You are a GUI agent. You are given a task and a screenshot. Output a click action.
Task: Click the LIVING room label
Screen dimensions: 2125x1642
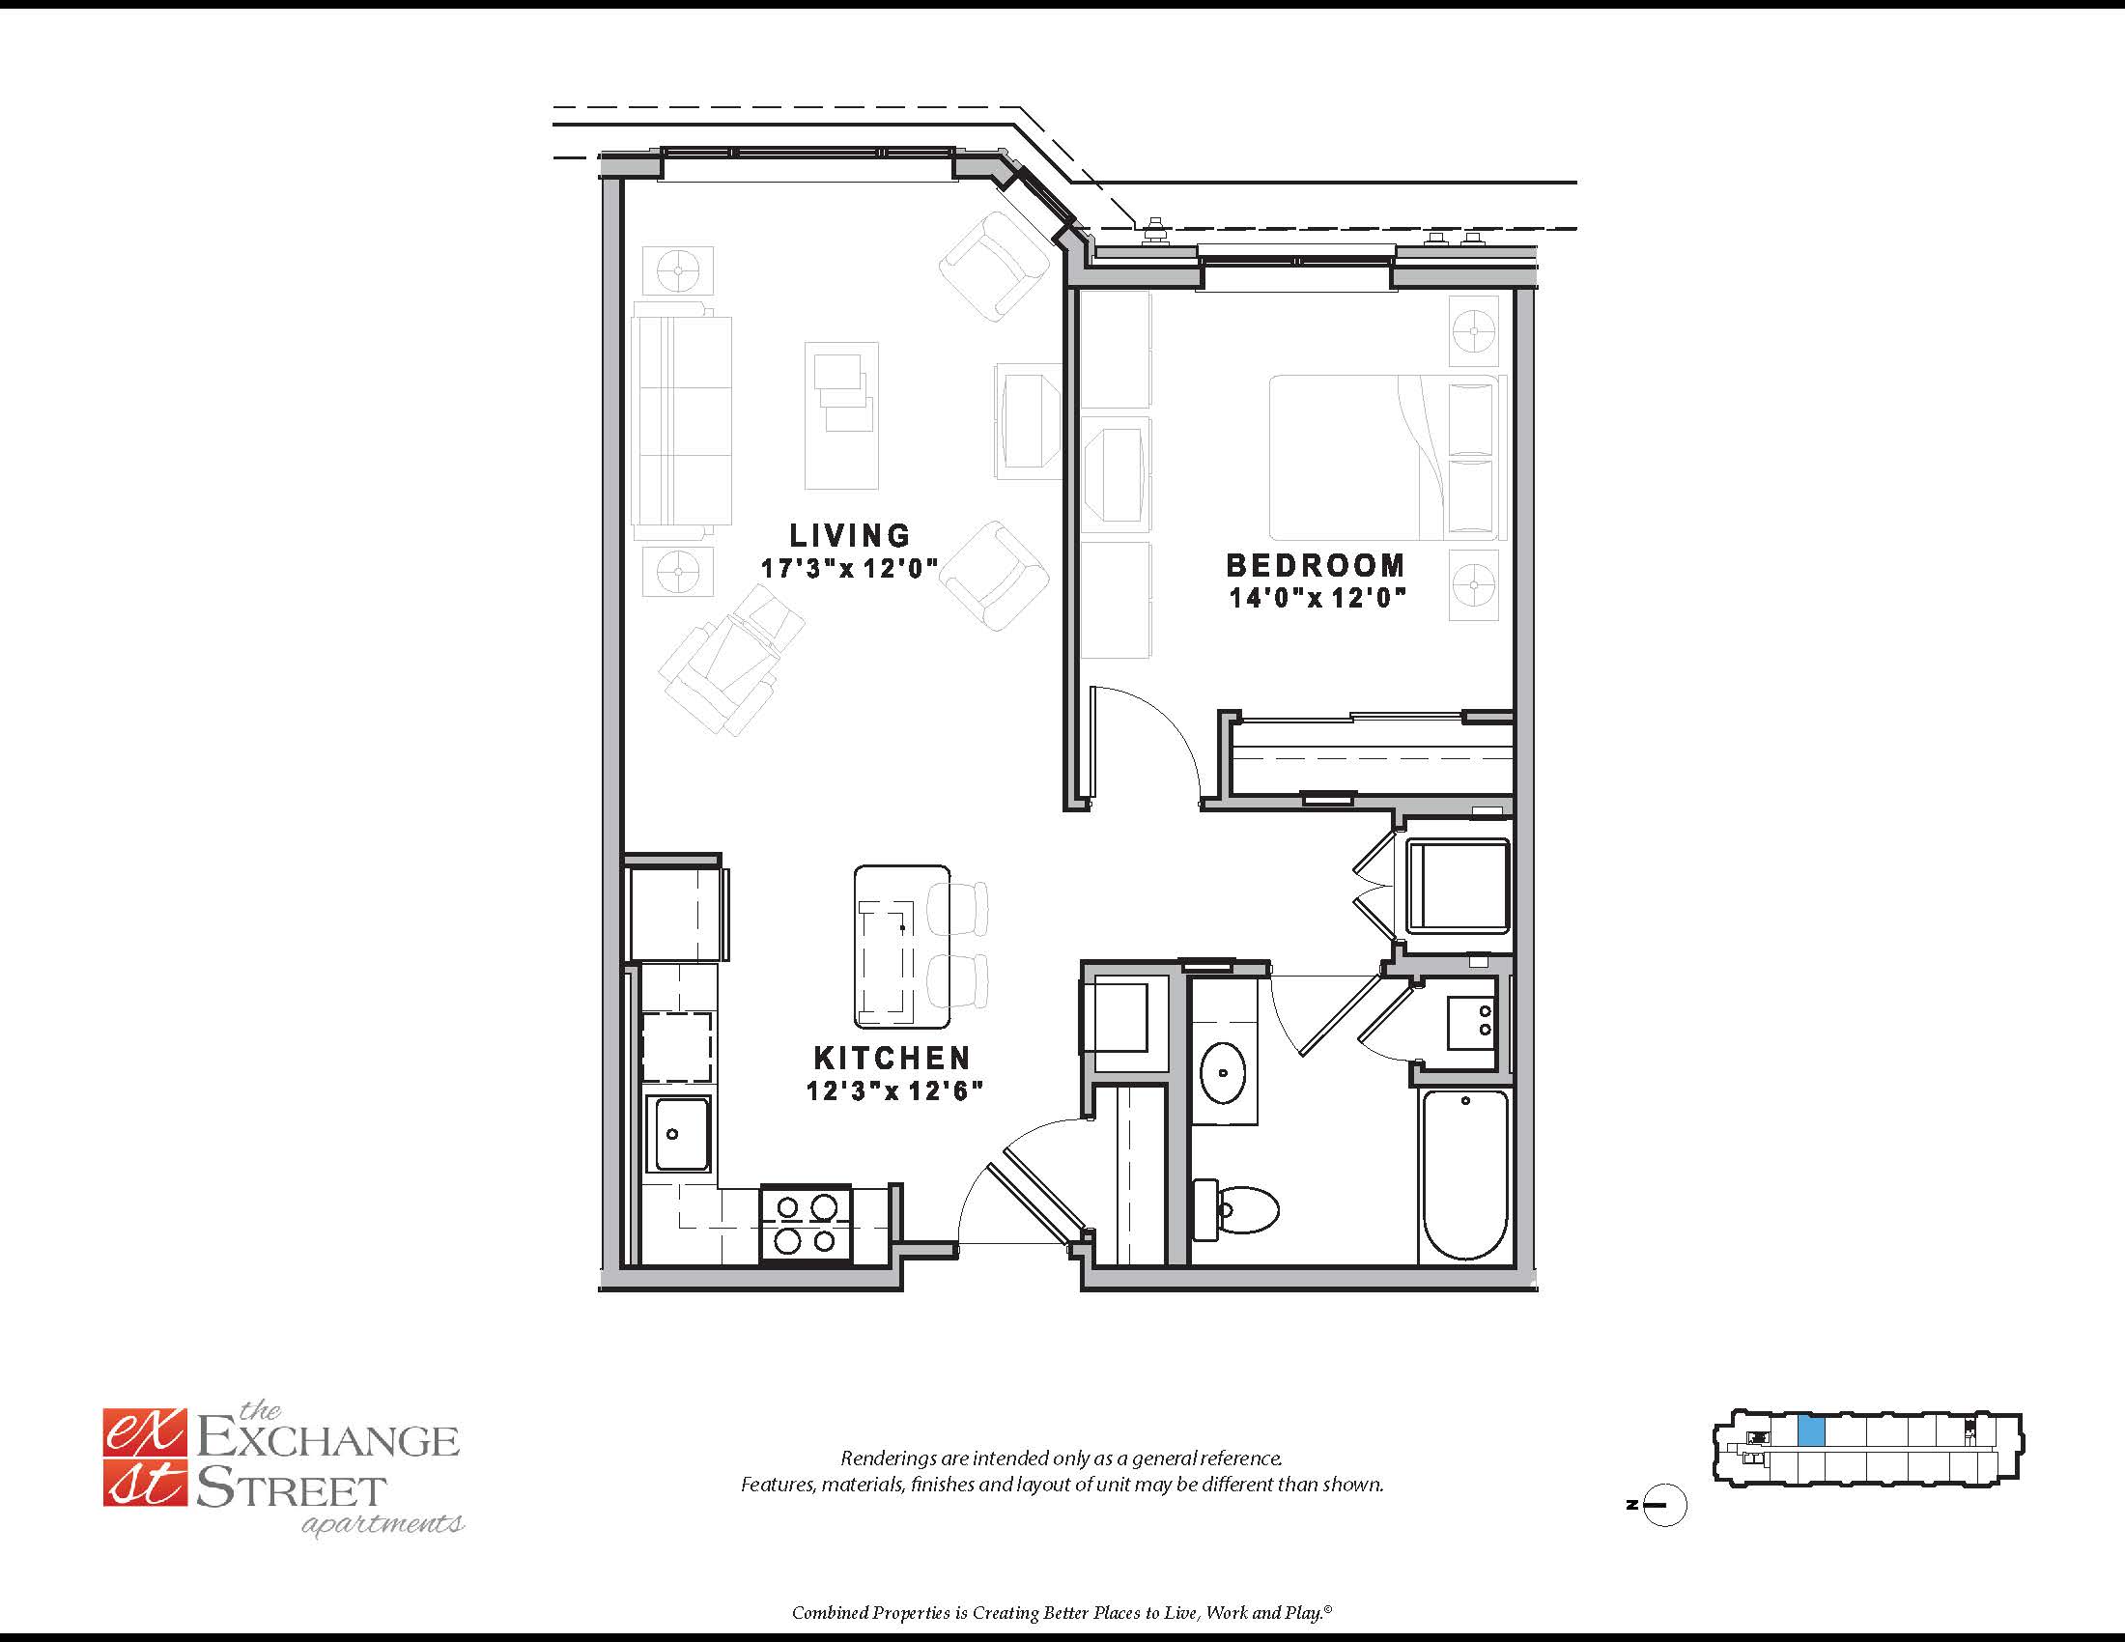pyautogui.click(x=849, y=535)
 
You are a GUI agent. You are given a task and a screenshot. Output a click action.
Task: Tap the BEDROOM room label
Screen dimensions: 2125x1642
pyautogui.click(x=1316, y=565)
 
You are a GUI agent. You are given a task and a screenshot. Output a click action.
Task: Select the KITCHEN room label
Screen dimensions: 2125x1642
pyautogui.click(x=892, y=1058)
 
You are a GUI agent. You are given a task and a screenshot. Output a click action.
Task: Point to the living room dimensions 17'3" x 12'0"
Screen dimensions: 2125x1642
pyautogui.click(x=849, y=568)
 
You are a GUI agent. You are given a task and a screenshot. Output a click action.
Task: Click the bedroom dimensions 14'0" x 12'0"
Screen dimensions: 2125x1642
pyautogui.click(x=1318, y=597)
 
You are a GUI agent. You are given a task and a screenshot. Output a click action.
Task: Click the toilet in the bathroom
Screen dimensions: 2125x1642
pyautogui.click(x=1235, y=1209)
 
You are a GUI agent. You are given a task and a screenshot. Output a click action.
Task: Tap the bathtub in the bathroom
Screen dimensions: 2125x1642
pyautogui.click(x=1464, y=1175)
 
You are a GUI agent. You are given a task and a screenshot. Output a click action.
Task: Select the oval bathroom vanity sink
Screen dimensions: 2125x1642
pyautogui.click(x=1223, y=1073)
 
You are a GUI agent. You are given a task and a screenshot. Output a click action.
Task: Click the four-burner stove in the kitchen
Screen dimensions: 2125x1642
pyautogui.click(x=806, y=1224)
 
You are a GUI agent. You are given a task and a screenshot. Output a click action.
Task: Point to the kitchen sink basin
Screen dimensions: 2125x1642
pyautogui.click(x=681, y=1134)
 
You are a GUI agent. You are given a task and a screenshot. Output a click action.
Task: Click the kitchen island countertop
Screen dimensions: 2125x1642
pyautogui.click(x=902, y=947)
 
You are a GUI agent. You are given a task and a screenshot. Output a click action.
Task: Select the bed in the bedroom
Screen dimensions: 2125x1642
pyautogui.click(x=1386, y=457)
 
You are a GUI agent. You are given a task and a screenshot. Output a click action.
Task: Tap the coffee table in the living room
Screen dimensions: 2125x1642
pyautogui.click(x=841, y=415)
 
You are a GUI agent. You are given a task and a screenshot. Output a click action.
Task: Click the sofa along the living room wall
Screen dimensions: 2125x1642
pyautogui.click(x=681, y=421)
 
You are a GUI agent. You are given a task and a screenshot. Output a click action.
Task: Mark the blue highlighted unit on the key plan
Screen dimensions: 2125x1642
pyautogui.click(x=1811, y=1430)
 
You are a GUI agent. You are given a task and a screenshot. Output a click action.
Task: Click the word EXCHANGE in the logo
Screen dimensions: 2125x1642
pyautogui.click(x=327, y=1440)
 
